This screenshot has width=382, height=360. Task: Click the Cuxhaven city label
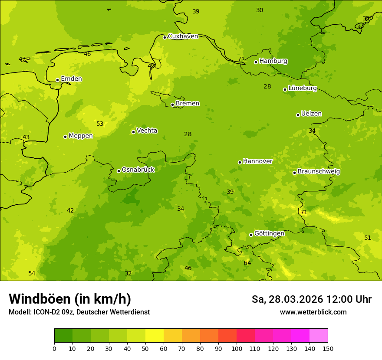[183, 36]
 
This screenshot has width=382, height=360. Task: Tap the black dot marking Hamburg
[256, 62]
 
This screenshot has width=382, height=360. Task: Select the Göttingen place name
[269, 234]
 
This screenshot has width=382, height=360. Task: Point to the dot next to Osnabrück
[119, 171]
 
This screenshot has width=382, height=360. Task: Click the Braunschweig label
[319, 172]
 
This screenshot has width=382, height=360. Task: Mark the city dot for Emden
[57, 80]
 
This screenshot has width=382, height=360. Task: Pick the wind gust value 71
[304, 212]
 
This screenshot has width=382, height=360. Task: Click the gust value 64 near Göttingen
[247, 263]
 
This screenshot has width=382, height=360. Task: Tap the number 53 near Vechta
[100, 124]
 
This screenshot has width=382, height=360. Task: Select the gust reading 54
[32, 273]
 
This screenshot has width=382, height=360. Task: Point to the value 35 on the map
[366, 18]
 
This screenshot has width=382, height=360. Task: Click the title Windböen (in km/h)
[70, 299]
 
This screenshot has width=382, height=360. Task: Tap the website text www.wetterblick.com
[313, 312]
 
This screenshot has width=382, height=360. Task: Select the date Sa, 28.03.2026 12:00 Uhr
[311, 299]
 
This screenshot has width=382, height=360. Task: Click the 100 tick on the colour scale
[237, 348]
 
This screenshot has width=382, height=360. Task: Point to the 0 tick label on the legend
[54, 348]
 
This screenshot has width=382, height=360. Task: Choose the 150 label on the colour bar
[328, 348]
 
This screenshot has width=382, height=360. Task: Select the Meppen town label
[81, 136]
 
